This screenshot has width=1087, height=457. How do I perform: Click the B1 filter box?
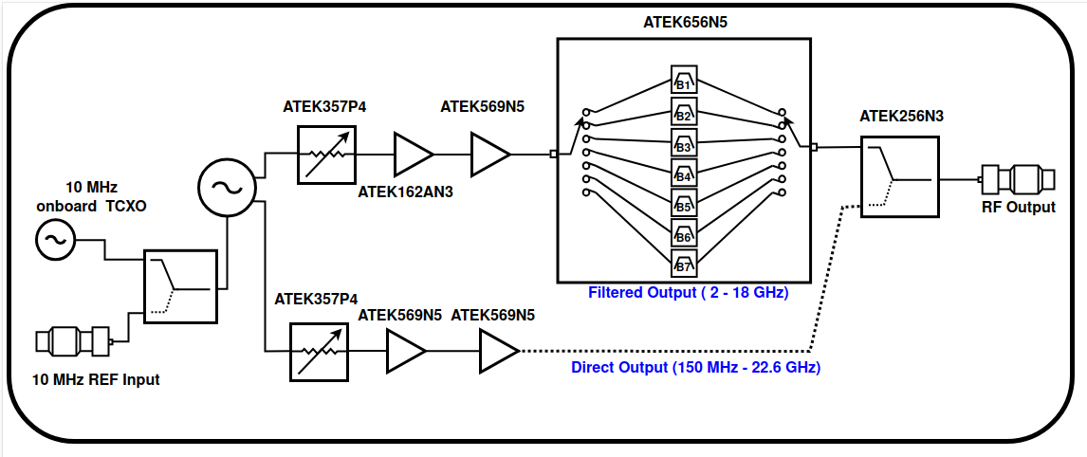tap(684, 81)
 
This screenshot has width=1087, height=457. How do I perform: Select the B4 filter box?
tap(684, 173)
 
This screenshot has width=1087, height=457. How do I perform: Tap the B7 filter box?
tap(684, 263)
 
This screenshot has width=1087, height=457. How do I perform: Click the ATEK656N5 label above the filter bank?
tap(684, 22)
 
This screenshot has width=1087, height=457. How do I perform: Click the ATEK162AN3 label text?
tap(406, 192)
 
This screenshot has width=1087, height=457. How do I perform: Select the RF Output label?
tap(1018, 207)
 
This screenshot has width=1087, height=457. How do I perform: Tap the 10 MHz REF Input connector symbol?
tap(74, 341)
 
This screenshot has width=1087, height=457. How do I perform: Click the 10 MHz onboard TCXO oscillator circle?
tap(55, 239)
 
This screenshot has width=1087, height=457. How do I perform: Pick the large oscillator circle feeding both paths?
tap(228, 187)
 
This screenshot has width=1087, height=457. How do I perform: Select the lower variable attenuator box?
tap(319, 352)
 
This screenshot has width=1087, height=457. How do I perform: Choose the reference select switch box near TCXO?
tap(181, 287)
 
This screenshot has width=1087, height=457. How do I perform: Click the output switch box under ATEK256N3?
tap(899, 177)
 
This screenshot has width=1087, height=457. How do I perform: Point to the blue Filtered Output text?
tap(689, 293)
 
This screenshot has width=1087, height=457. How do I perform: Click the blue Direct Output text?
tap(695, 367)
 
